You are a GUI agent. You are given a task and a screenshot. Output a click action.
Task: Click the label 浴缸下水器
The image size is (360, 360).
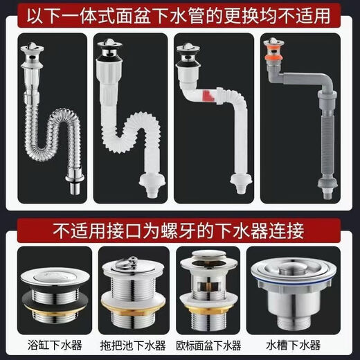pyautogui.click(x=49, y=344)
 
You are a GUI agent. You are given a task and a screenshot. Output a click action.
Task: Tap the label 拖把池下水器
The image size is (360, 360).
pyautogui.click(x=136, y=344)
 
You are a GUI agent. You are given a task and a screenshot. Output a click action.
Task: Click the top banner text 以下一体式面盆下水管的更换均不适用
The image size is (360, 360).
pyautogui.click(x=179, y=15)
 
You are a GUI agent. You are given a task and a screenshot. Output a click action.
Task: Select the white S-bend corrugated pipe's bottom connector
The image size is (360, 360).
pyautogui.click(x=154, y=186)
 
